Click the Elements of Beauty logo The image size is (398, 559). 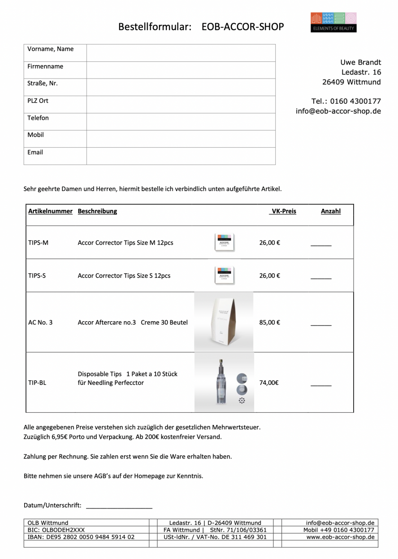pyautogui.click(x=333, y=22)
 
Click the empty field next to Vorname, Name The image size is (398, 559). pyautogui.click(x=181, y=53)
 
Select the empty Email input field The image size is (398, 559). pyautogui.click(x=181, y=156)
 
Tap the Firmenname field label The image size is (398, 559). pyautogui.click(x=45, y=66)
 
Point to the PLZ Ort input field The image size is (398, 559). pyautogui.click(x=181, y=104)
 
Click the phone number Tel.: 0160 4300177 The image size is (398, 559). pyautogui.click(x=346, y=101)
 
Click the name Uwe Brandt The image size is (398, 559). pyautogui.click(x=360, y=62)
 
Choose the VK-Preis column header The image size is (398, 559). pyautogui.click(x=283, y=211)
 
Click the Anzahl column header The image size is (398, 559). pyautogui.click(x=331, y=211)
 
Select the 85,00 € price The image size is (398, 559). pyautogui.click(x=269, y=322)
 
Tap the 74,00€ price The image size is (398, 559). pyautogui.click(x=269, y=383)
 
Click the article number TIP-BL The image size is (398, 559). pyautogui.click(x=37, y=383)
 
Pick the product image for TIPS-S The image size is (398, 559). pyautogui.click(x=224, y=275)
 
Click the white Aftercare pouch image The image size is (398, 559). pyautogui.click(x=224, y=322)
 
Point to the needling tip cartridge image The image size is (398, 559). pyautogui.click(x=224, y=382)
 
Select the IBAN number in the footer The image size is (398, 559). pyautogui.click(x=81, y=537)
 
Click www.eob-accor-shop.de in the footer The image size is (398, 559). pyautogui.click(x=340, y=537)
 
